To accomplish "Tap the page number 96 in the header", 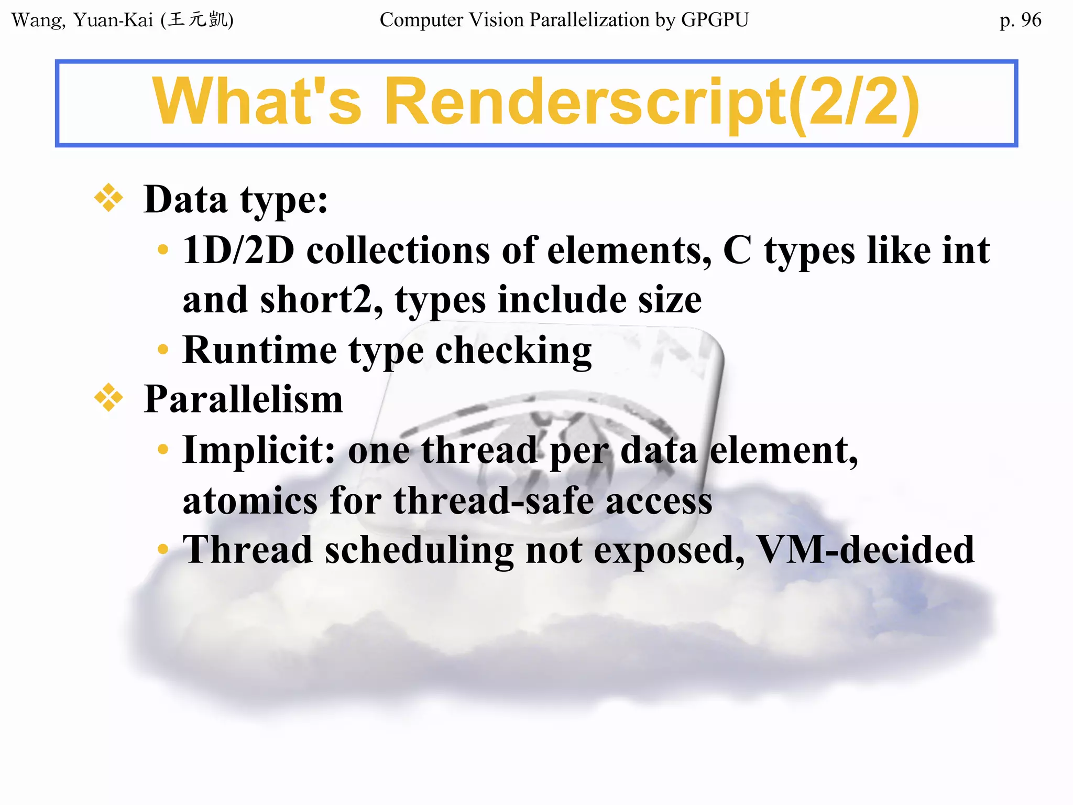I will tap(1031, 20).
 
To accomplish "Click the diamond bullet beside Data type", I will tap(109, 198).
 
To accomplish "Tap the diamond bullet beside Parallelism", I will tap(109, 398).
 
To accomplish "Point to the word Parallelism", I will tap(243, 399).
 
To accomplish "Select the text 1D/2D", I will tap(238, 250).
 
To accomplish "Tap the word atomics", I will tap(250, 500).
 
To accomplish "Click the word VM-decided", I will tap(866, 550).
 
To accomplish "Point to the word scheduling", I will tap(419, 551).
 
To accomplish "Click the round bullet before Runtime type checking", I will tap(163, 349).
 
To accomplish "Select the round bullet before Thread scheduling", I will tap(163, 549).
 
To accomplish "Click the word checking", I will tap(513, 351).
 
